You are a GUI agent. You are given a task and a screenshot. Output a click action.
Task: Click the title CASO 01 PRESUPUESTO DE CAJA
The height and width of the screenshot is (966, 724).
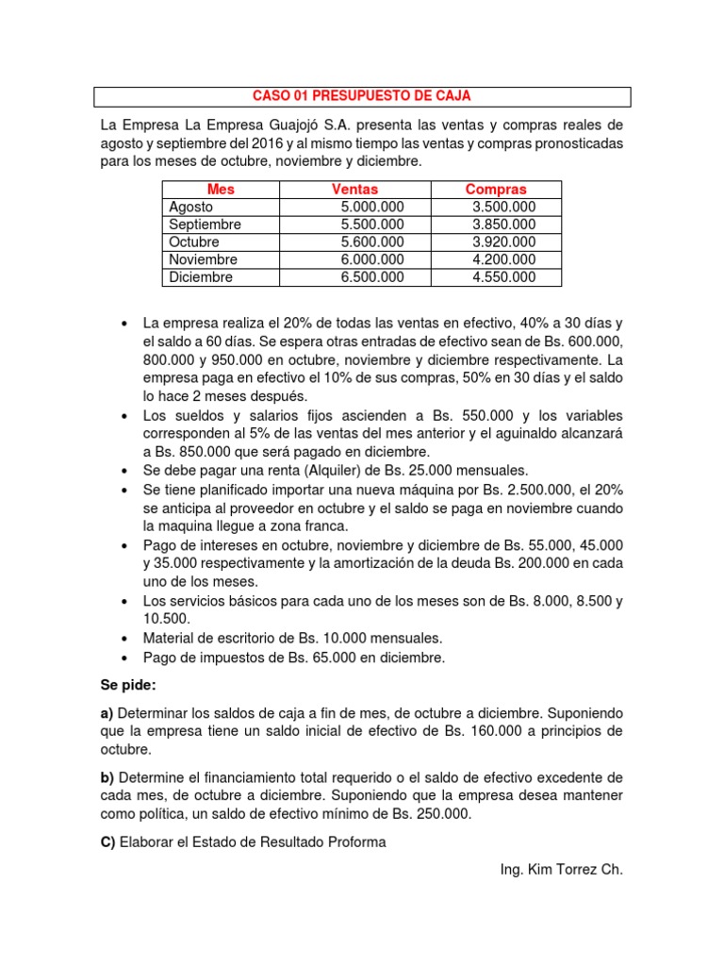click(x=363, y=96)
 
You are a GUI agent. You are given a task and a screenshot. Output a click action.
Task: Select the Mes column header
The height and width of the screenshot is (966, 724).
click(x=221, y=190)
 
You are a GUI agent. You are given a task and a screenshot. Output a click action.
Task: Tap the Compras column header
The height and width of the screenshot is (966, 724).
click(x=496, y=190)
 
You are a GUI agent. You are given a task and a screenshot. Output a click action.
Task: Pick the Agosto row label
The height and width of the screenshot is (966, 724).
click(x=191, y=207)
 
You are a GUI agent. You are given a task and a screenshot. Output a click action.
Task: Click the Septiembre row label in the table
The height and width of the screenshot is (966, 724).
click(x=205, y=225)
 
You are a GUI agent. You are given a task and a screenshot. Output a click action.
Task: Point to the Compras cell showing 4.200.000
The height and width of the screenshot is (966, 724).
click(x=503, y=259)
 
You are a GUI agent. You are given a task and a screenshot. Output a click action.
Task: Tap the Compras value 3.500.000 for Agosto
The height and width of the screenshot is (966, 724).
click(x=503, y=207)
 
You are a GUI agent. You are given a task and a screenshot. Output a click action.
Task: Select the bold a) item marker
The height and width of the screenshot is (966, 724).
click(x=107, y=712)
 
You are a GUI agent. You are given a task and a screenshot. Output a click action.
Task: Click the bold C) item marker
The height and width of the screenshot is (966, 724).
click(x=107, y=842)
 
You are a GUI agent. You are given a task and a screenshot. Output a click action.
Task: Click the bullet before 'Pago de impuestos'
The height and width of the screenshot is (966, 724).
click(x=124, y=658)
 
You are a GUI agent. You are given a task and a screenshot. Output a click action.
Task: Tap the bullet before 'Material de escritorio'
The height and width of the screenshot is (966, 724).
click(x=124, y=638)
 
